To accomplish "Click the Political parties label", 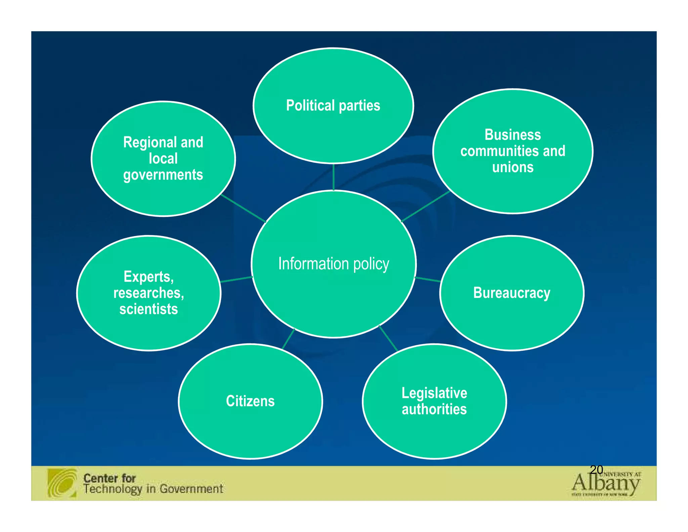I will [333, 106].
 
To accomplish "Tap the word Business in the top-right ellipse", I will [513, 135].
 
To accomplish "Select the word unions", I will [513, 167].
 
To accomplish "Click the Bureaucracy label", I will [512, 293].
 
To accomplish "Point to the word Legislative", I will [434, 393].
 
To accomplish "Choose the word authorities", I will [434, 409].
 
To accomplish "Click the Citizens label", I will [250, 401].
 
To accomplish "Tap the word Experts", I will [148, 277].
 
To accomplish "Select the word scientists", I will [148, 309].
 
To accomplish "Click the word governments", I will [163, 175].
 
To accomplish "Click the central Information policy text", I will [334, 264].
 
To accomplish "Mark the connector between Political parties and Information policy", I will [333, 177].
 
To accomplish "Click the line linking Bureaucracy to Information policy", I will [428, 279].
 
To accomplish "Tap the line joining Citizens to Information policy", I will [288, 339].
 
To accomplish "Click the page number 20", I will [596, 469].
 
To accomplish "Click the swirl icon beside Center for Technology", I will [62, 483].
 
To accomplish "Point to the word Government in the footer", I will [191, 489].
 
